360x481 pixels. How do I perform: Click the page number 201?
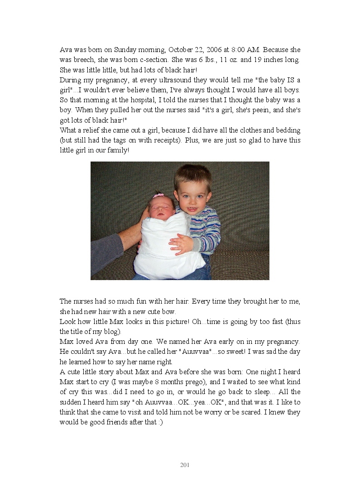coord(185,465)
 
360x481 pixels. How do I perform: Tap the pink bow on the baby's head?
coord(158,195)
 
